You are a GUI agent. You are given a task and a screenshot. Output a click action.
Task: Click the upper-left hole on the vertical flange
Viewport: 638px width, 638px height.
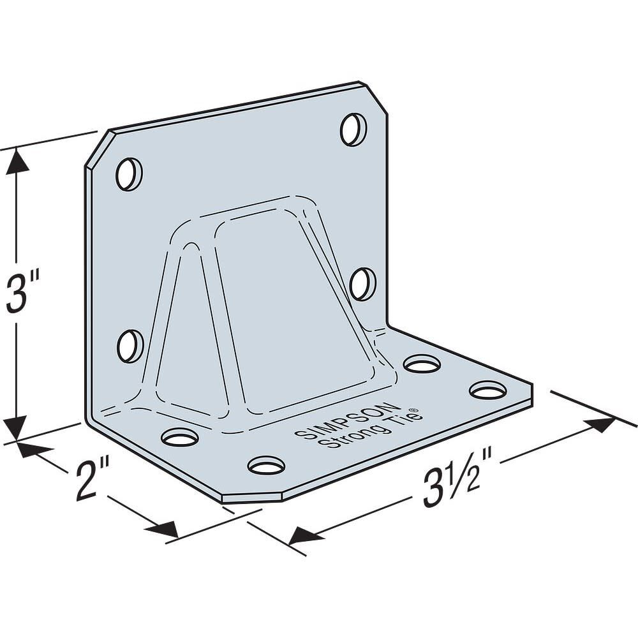[129, 174]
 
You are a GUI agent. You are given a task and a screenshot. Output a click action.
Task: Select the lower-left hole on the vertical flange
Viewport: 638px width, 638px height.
[130, 345]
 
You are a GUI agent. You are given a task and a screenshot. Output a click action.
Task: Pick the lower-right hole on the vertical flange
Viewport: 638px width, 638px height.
[362, 284]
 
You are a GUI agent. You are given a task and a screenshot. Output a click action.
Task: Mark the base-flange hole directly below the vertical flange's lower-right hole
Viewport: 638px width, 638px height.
[422, 364]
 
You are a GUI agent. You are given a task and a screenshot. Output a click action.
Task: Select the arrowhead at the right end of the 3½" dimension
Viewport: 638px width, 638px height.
[602, 425]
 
